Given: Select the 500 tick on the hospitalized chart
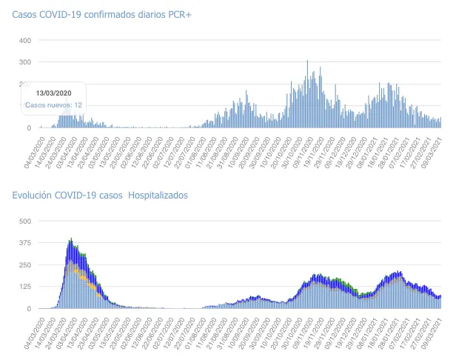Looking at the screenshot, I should (24, 221).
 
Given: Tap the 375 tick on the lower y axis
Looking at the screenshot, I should (24, 243).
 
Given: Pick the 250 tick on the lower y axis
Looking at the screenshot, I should (24, 264).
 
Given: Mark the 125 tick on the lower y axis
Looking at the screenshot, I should (24, 287).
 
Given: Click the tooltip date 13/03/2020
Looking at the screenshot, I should (53, 92).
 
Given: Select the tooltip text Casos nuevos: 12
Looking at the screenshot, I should (53, 105).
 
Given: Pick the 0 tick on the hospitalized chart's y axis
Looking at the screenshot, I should (29, 308).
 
